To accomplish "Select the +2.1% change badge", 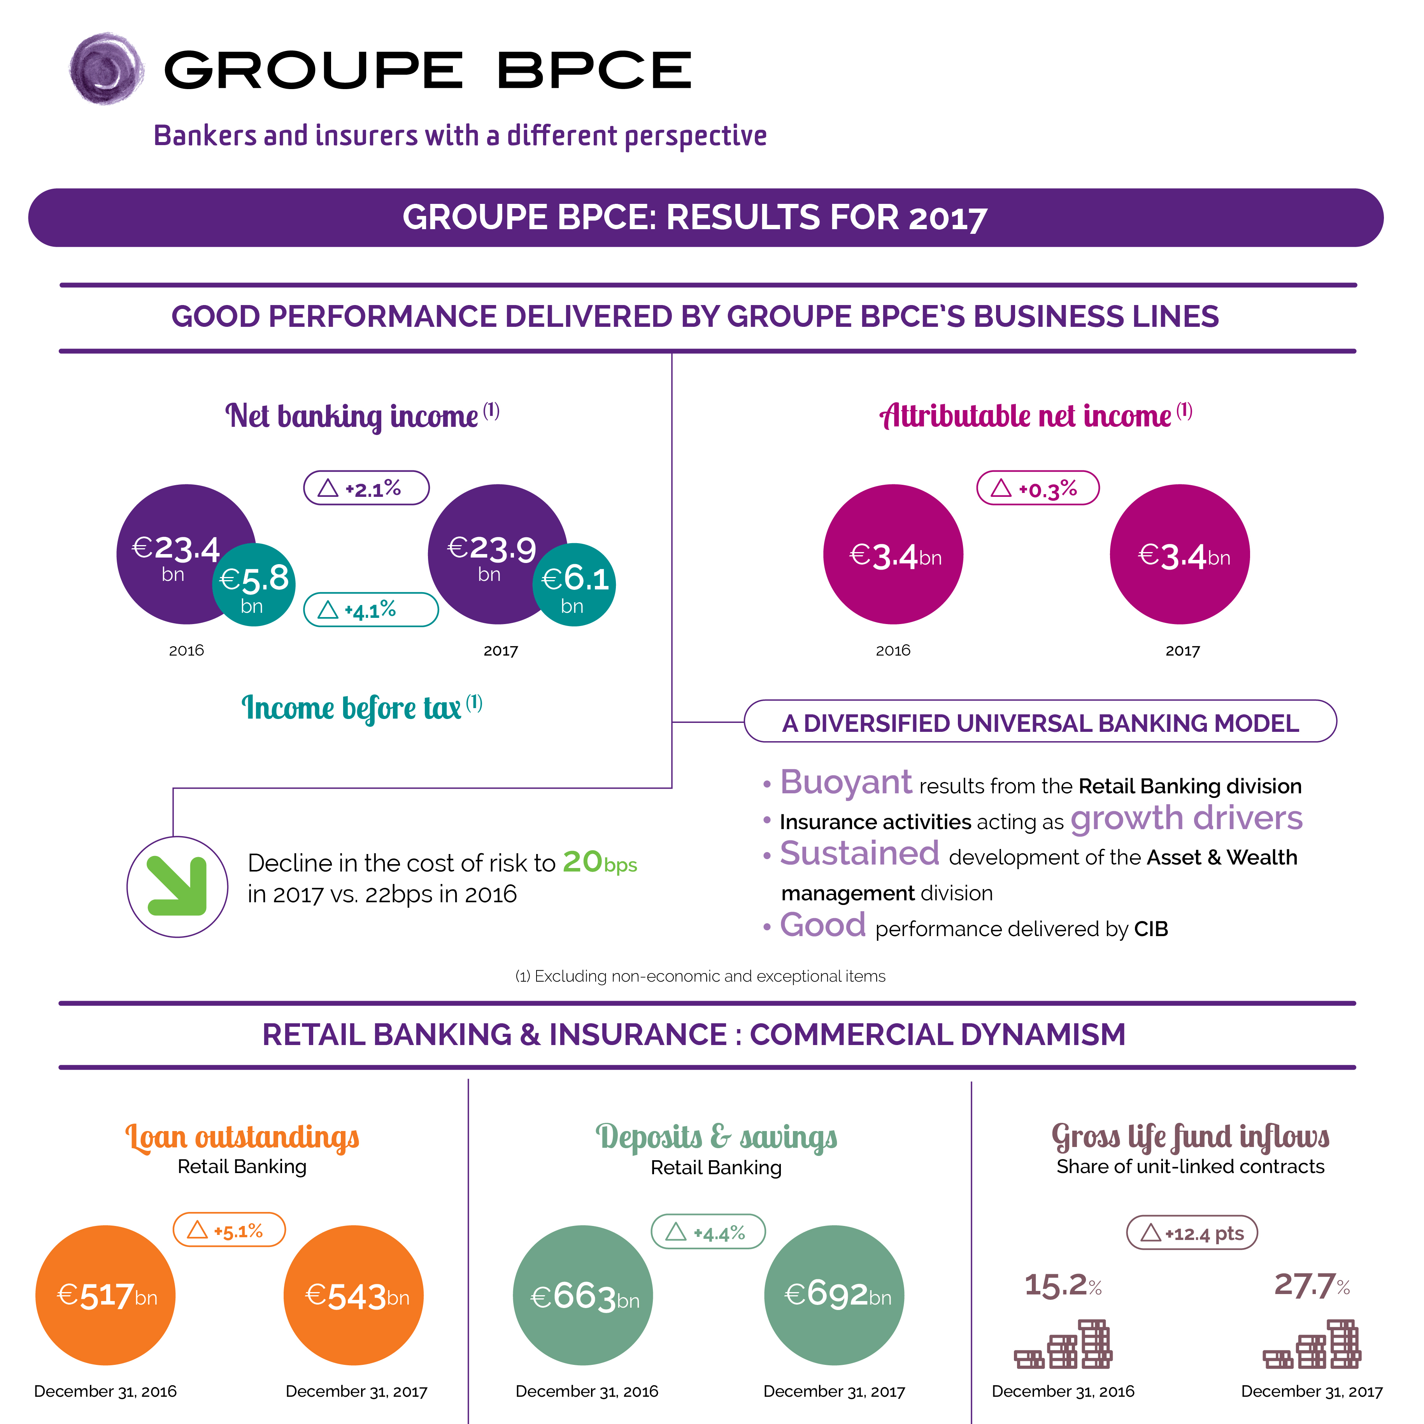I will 367,488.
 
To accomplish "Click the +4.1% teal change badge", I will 371,610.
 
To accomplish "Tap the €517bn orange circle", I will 105,1295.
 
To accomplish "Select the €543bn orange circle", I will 354,1295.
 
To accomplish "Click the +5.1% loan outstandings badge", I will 229,1229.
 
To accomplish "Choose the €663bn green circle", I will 582,1295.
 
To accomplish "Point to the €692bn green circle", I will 834,1295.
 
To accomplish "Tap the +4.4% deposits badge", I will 708,1232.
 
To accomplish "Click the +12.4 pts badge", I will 1192,1232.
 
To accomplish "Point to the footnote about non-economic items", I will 700,976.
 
